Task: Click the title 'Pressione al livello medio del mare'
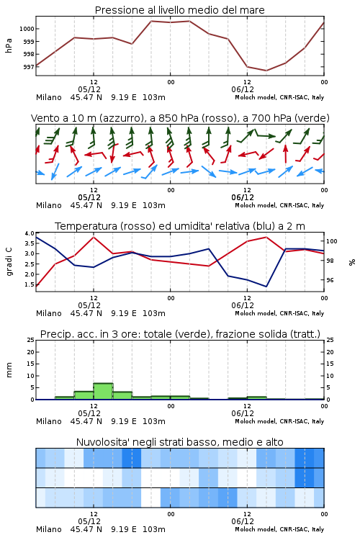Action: tap(179, 10)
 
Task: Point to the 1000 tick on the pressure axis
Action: tap(27, 29)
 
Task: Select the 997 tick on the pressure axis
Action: tap(29, 67)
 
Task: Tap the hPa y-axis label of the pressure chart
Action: tap(9, 46)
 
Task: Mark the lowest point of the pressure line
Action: tap(266, 71)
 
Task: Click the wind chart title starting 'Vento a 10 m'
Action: tap(180, 118)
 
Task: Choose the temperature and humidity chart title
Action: tap(180, 226)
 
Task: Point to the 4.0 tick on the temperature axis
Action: tap(30, 233)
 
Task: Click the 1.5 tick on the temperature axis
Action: tap(30, 284)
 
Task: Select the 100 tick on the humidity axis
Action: tap(331, 241)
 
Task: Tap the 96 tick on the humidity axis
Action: tap(330, 280)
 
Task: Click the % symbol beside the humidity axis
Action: tap(352, 262)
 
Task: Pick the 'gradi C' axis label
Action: tap(9, 261)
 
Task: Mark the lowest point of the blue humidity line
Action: tap(266, 287)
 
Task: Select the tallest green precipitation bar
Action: tap(104, 391)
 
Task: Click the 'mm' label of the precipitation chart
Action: tap(9, 370)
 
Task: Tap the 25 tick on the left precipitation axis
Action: tap(31, 340)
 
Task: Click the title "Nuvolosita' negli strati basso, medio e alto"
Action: tap(180, 442)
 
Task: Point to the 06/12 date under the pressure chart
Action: tap(243, 89)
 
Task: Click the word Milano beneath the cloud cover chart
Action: tap(48, 529)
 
